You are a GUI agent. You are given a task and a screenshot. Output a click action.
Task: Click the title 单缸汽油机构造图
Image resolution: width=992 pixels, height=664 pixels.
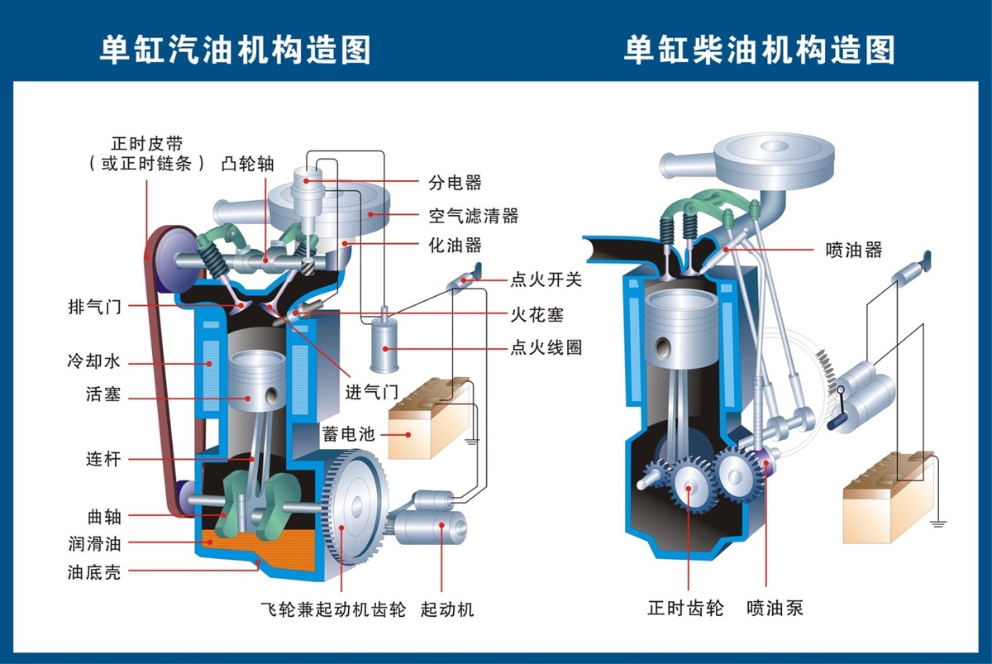[235, 50]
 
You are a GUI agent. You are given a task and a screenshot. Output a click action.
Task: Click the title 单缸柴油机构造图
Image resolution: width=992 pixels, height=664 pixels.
[759, 50]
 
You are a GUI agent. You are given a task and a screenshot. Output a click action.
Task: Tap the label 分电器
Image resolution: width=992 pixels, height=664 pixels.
[455, 183]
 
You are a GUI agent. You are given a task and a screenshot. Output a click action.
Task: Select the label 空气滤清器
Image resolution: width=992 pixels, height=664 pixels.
[473, 216]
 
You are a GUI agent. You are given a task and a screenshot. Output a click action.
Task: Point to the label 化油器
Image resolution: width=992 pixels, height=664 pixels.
[455, 246]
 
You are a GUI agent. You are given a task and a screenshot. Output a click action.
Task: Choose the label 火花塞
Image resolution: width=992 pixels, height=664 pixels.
[537, 315]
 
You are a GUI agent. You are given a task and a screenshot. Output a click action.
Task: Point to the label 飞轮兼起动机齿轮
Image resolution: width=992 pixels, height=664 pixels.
[332, 610]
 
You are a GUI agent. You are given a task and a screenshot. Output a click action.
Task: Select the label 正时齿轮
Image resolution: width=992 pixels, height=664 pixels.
[685, 609]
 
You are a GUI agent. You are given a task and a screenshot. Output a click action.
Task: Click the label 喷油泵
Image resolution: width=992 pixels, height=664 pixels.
[775, 609]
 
